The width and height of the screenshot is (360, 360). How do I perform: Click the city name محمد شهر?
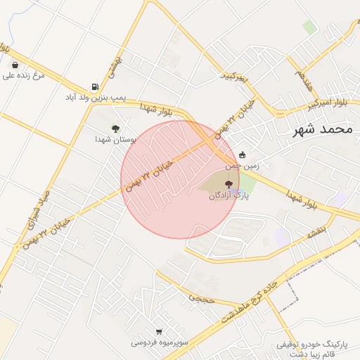pyautogui.click(x=324, y=129)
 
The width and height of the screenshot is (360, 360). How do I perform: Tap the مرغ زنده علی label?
pyautogui.click(x=23, y=75)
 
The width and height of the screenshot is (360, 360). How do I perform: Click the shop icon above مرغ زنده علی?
pyautogui.click(x=15, y=65)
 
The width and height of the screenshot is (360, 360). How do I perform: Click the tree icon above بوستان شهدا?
pyautogui.click(x=115, y=129)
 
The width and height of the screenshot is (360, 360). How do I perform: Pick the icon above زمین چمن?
pyautogui.click(x=243, y=155)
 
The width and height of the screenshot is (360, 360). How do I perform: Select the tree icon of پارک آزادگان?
pyautogui.click(x=226, y=184)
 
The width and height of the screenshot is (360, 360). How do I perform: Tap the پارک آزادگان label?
pyautogui.click(x=228, y=196)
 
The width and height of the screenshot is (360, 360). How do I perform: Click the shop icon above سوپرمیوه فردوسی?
pyautogui.click(x=159, y=332)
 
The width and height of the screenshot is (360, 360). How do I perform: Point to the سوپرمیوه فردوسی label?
pyautogui.click(x=159, y=342)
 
